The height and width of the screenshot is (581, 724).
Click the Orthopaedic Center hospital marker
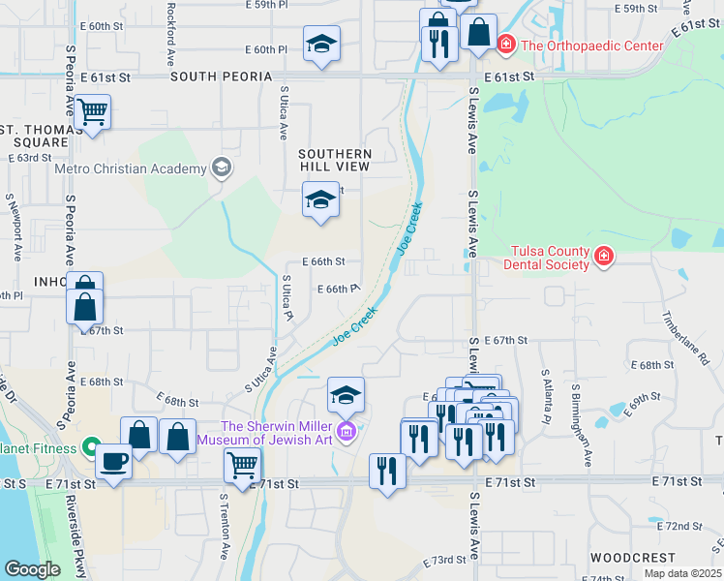(x=505, y=46)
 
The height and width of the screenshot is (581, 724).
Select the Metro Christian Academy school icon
(x=222, y=168)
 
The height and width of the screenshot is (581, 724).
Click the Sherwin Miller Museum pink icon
(x=346, y=430)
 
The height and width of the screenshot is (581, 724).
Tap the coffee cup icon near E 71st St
(x=113, y=461)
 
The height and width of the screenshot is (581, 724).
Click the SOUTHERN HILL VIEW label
(x=335, y=161)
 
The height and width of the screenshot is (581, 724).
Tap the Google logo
(x=31, y=569)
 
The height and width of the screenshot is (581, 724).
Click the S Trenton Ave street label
(x=223, y=528)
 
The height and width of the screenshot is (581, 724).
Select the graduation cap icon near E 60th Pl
(x=321, y=44)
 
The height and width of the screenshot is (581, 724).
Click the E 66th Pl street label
(x=339, y=289)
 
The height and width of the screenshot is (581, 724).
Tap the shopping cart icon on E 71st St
(x=242, y=464)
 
